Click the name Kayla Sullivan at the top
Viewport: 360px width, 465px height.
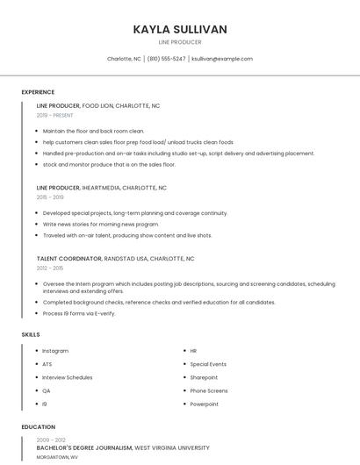(x=180, y=29)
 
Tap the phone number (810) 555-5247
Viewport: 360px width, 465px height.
(x=166, y=59)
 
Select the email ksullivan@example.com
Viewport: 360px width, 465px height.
(x=222, y=59)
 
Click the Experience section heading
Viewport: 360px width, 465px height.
(x=38, y=92)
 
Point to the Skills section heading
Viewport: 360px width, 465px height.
(x=31, y=334)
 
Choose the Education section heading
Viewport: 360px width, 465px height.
(x=38, y=427)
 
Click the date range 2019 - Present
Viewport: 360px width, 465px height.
(x=55, y=115)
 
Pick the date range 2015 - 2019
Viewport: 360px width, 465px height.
(x=50, y=197)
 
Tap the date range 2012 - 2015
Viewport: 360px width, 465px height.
(x=50, y=268)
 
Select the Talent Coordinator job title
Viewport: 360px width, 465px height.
(x=69, y=259)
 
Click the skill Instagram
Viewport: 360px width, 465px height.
(x=55, y=351)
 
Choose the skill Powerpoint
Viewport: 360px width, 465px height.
(x=205, y=404)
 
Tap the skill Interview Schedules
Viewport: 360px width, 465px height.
(x=68, y=377)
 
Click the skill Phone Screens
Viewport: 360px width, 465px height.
(x=209, y=390)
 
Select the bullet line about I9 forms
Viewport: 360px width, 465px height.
(x=79, y=313)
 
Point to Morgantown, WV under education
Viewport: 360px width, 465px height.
(x=57, y=457)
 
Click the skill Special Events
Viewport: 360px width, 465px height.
(x=208, y=364)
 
